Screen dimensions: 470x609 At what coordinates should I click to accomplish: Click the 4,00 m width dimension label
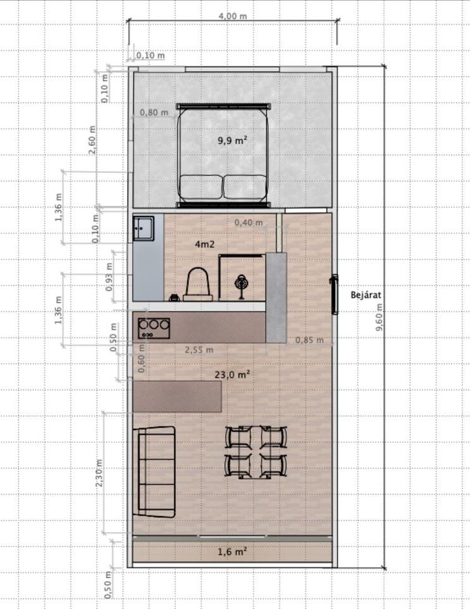(x=233, y=16)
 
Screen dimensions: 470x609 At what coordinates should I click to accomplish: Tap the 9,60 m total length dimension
(x=379, y=317)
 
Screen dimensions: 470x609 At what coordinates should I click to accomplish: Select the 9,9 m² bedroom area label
(x=233, y=140)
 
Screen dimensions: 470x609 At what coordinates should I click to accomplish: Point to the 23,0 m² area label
(x=232, y=374)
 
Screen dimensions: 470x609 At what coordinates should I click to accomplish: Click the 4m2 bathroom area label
(x=204, y=244)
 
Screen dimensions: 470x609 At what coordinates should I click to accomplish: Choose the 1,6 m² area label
(x=232, y=551)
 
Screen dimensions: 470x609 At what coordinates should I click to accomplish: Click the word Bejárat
(x=366, y=295)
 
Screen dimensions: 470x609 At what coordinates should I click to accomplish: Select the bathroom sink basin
(x=143, y=229)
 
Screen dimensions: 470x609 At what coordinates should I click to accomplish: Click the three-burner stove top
(x=154, y=328)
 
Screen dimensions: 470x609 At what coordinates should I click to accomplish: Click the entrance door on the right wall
(x=334, y=294)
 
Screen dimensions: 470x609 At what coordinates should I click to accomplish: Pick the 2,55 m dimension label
(x=199, y=350)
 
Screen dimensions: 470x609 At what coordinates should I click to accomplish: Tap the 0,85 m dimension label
(x=309, y=340)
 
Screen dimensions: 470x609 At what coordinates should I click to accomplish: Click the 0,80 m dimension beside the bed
(x=154, y=113)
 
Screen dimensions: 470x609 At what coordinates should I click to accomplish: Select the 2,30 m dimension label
(x=100, y=473)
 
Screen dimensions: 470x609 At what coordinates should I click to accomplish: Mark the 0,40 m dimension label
(x=249, y=223)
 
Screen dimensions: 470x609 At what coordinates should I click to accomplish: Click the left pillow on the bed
(x=201, y=187)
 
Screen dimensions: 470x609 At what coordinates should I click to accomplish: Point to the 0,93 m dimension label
(x=109, y=277)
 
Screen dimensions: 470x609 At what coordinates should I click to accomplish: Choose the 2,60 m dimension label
(x=92, y=140)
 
